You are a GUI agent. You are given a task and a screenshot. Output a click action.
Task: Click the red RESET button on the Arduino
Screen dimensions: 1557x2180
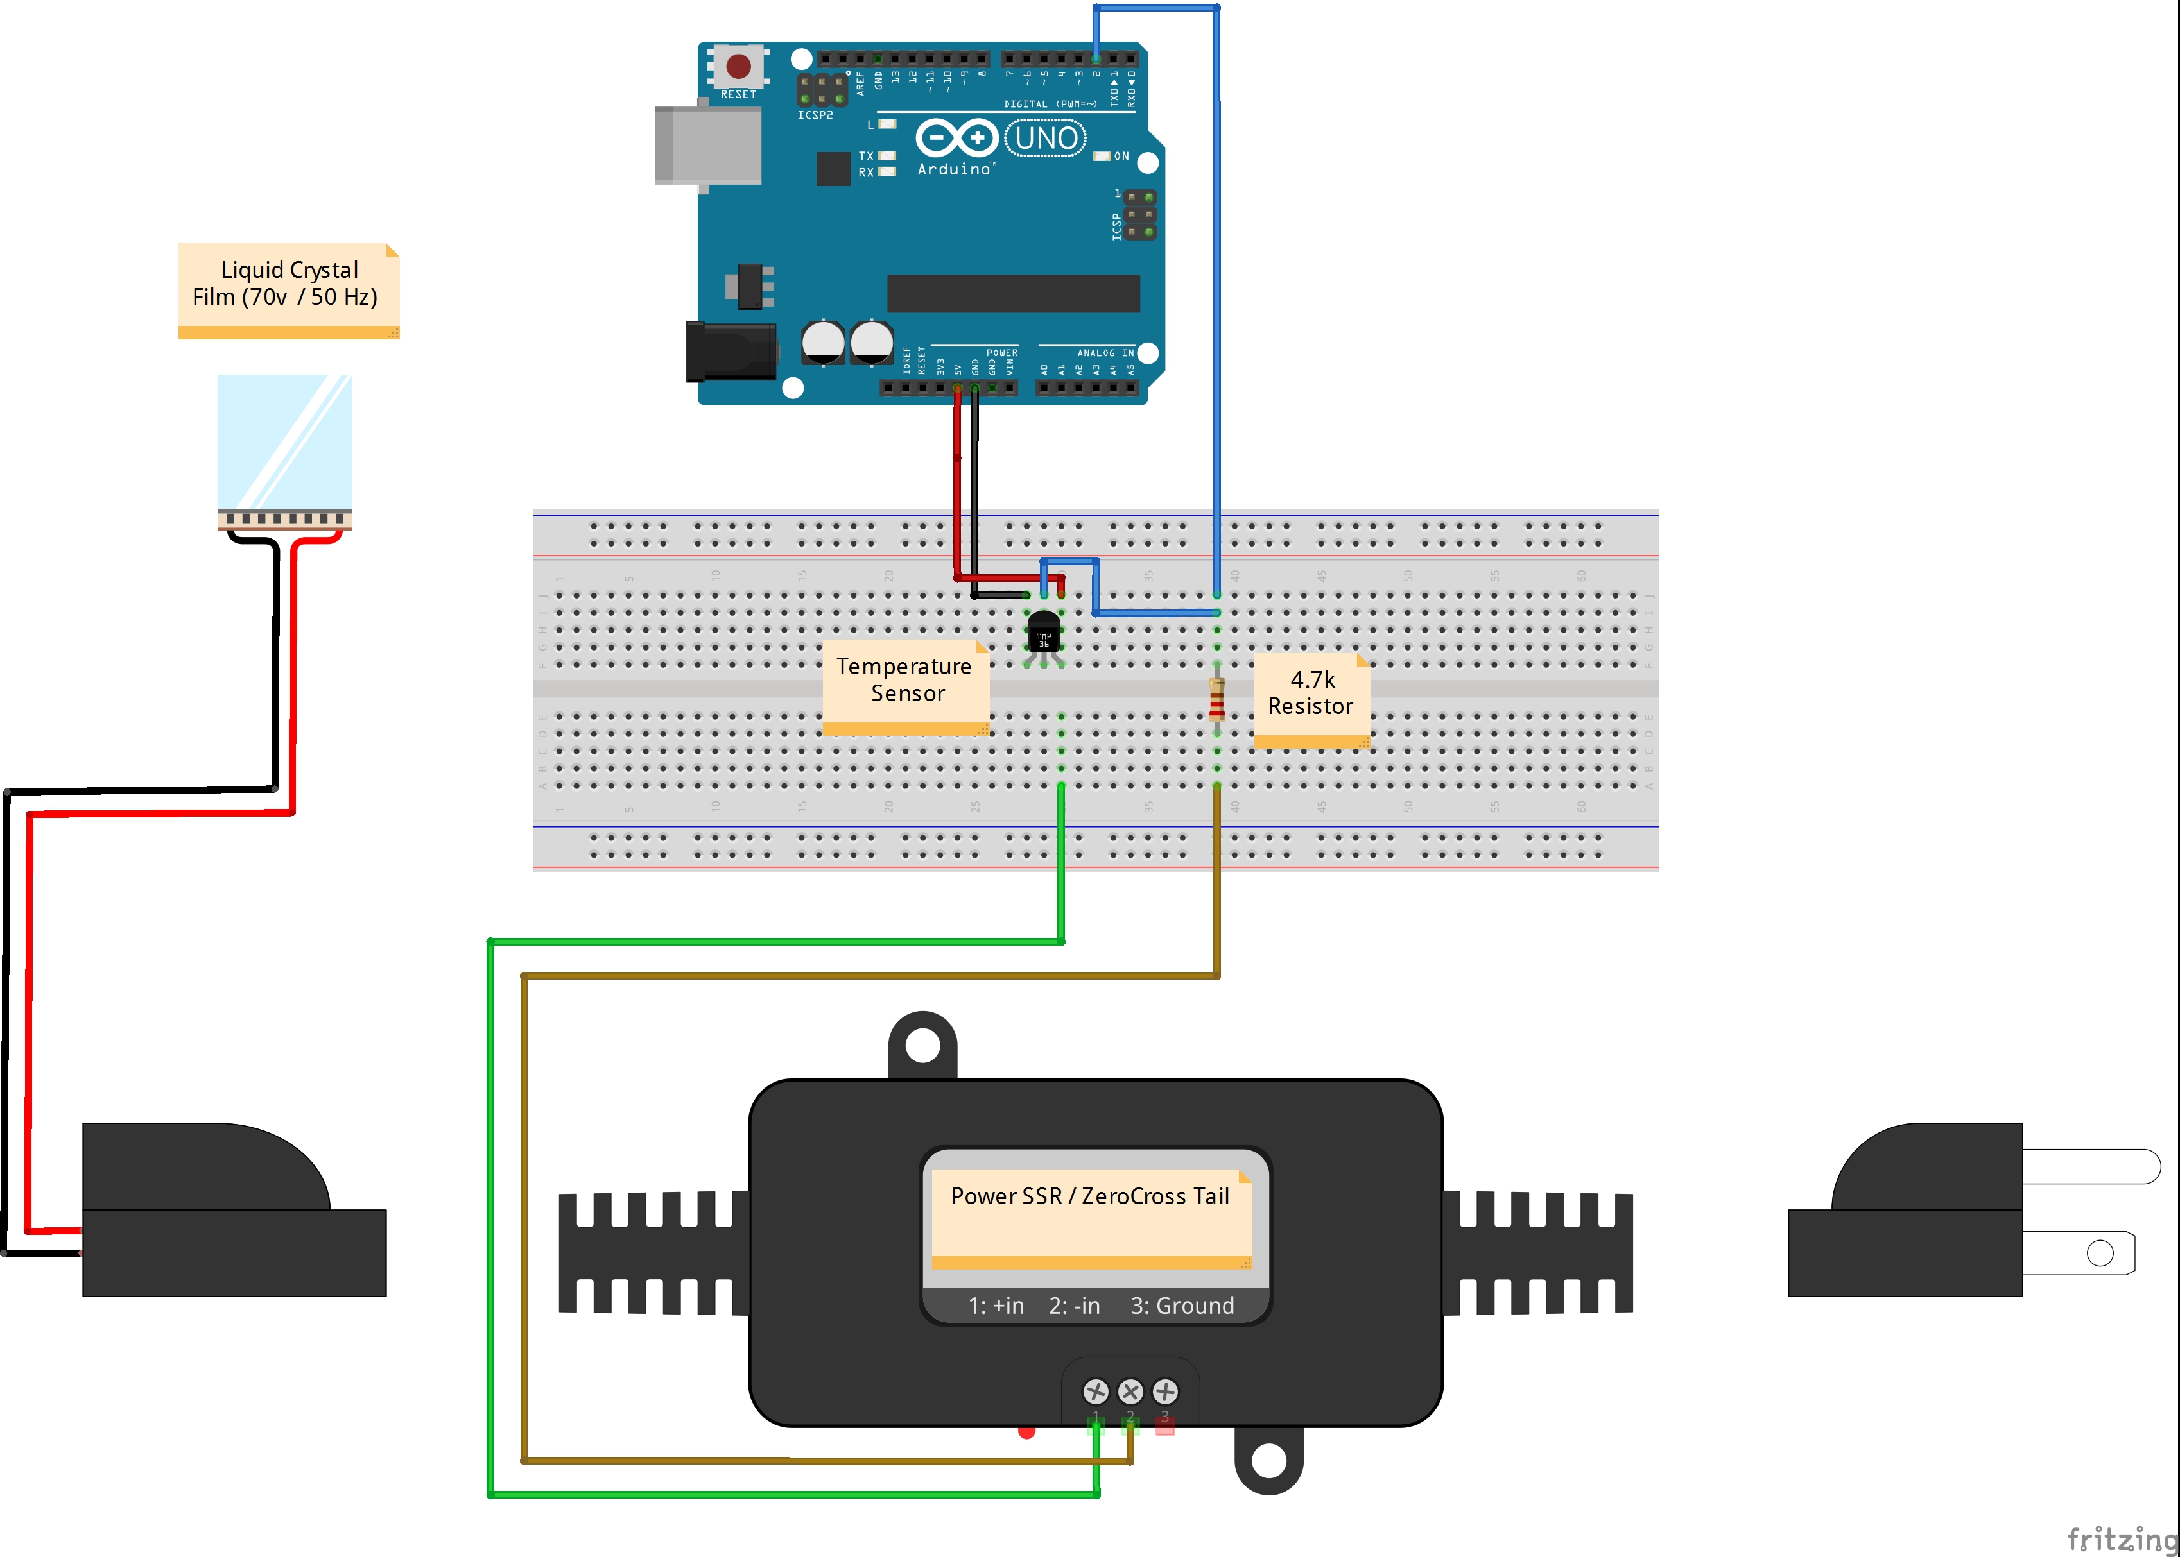[738, 66]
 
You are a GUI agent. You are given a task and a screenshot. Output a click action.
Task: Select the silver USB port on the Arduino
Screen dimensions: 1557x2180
[708, 145]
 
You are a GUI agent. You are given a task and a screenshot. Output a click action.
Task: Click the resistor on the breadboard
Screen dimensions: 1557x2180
[1217, 699]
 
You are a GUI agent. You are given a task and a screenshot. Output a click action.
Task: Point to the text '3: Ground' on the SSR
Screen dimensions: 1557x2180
[1182, 1306]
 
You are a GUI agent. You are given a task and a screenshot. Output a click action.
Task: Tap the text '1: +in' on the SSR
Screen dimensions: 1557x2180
[996, 1306]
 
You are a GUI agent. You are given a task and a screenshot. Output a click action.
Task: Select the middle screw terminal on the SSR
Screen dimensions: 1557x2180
[1130, 1391]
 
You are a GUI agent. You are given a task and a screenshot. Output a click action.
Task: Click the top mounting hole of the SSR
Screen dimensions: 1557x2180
[922, 1045]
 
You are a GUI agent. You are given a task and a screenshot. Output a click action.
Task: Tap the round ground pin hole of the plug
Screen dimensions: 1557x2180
[2099, 1253]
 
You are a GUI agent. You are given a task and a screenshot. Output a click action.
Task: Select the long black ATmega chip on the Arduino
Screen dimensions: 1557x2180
[1013, 293]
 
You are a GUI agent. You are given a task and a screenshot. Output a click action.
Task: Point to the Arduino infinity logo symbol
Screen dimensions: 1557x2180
[956, 138]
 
